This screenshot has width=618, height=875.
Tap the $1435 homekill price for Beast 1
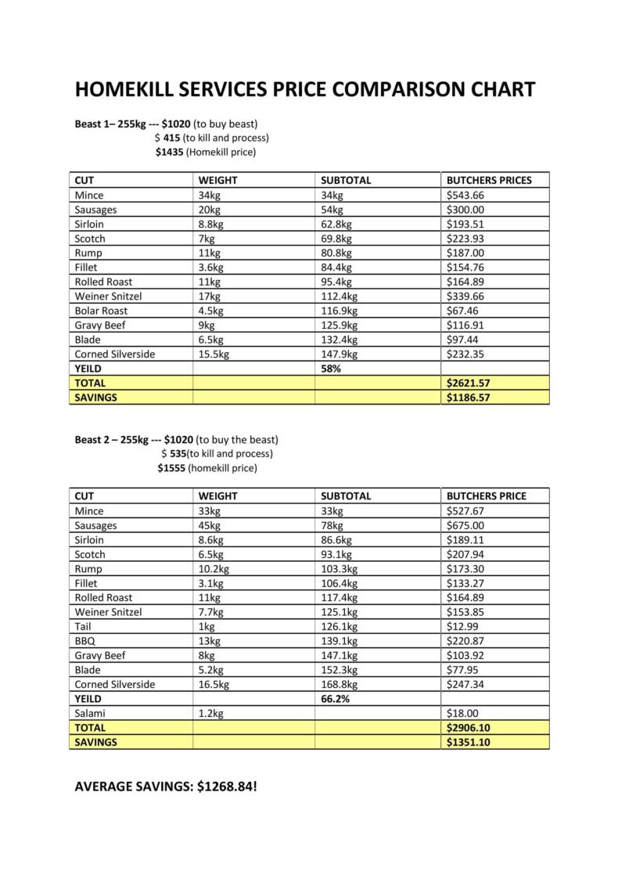click(x=169, y=152)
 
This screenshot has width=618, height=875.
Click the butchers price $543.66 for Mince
click(x=465, y=195)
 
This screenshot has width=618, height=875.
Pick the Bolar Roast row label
click(x=101, y=311)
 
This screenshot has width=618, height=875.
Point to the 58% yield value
click(x=331, y=369)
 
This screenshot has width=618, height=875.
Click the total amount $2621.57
click(x=468, y=383)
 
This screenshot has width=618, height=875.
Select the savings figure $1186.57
click(x=468, y=398)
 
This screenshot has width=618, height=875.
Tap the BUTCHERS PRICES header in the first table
click(x=489, y=180)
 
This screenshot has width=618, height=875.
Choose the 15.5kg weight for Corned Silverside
click(x=214, y=354)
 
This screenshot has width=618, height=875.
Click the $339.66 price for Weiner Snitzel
click(x=465, y=296)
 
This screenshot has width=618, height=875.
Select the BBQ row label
click(x=85, y=641)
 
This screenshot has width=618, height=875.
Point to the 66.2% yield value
click(x=335, y=699)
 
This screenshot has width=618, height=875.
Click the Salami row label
click(x=90, y=713)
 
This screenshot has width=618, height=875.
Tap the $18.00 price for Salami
click(x=462, y=713)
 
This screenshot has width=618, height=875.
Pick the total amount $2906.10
click(x=468, y=728)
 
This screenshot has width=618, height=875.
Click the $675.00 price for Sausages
click(x=465, y=525)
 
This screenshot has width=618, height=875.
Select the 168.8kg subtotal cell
click(x=339, y=684)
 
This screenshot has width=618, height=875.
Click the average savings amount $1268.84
click(x=226, y=785)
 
